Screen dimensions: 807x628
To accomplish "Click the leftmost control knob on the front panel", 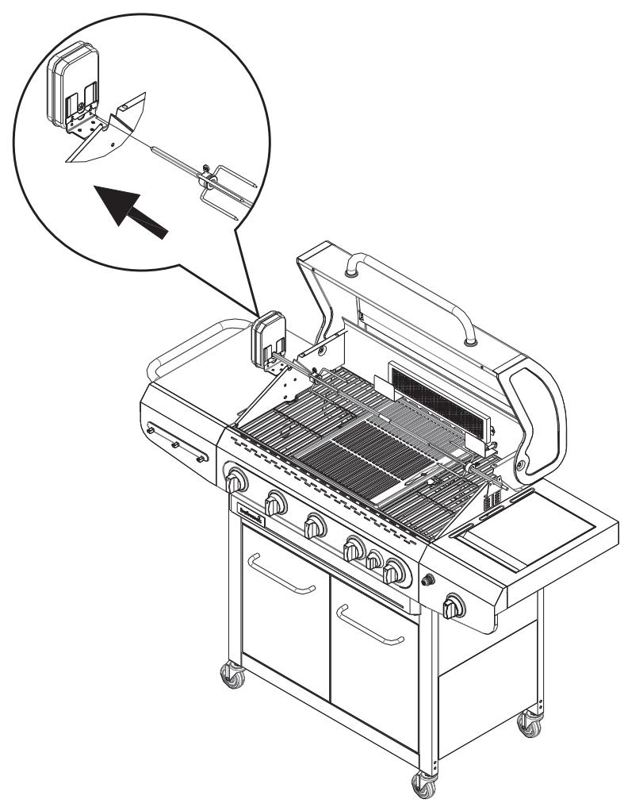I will click(x=236, y=481).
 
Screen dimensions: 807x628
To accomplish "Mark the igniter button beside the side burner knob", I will click(x=431, y=580).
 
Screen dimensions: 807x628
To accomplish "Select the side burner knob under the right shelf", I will click(x=454, y=608).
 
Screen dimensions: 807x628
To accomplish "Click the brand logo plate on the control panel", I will click(x=246, y=505).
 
